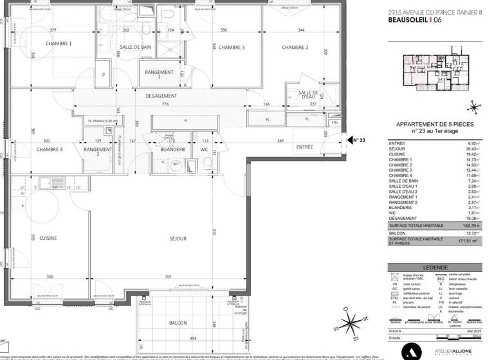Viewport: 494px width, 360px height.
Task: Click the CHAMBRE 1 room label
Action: tap(58, 43)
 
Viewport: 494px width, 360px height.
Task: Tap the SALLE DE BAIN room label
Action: tap(136, 49)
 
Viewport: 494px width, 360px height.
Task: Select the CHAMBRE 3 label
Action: tap(232, 47)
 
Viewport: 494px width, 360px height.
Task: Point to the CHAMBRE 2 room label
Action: tap(295, 47)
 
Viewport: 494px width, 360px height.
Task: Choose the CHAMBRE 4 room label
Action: tap(50, 149)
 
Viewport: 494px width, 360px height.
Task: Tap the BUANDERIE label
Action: tap(169, 149)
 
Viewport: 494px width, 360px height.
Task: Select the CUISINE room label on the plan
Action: tap(47, 238)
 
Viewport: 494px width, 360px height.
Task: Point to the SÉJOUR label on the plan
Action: tap(178, 239)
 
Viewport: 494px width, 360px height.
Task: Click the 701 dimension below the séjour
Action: tap(169, 277)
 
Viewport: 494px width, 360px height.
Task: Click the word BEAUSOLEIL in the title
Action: tap(409, 20)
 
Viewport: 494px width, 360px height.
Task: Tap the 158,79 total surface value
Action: tap(462, 226)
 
